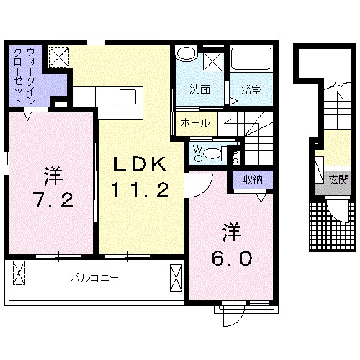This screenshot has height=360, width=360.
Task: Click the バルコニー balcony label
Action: click(x=94, y=276)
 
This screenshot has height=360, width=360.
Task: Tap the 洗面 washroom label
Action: click(x=200, y=89)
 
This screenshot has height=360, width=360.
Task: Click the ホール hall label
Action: click(x=195, y=123)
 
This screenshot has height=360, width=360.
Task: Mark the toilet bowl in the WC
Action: click(x=212, y=153)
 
